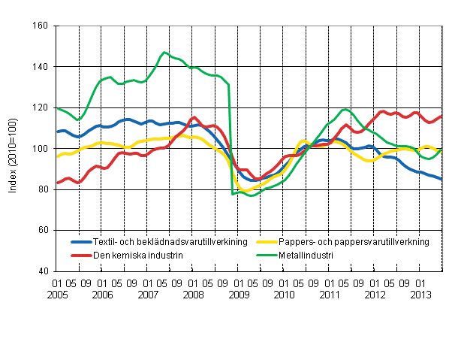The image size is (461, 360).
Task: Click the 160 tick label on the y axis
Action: click(x=41, y=26)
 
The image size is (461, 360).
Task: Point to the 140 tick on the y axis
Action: click(x=41, y=67)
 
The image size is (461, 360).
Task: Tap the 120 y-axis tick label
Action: click(x=41, y=107)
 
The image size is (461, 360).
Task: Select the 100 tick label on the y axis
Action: click(x=41, y=149)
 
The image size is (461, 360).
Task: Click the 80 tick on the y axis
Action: click(x=43, y=189)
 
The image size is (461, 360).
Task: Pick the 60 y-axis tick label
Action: click(x=43, y=230)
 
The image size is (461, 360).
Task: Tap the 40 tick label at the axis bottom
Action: click(x=43, y=271)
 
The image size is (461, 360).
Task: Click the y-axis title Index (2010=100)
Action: click(x=14, y=149)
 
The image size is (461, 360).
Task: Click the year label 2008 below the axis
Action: click(x=192, y=295)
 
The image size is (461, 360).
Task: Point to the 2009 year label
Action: click(x=238, y=295)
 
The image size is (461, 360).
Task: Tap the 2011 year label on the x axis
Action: click(x=329, y=295)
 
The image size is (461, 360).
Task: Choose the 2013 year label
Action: click(x=420, y=295)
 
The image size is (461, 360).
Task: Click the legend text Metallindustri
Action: click(x=306, y=256)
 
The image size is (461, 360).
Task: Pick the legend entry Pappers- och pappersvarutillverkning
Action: click(x=352, y=242)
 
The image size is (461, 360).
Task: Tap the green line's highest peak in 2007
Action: click(x=164, y=53)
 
